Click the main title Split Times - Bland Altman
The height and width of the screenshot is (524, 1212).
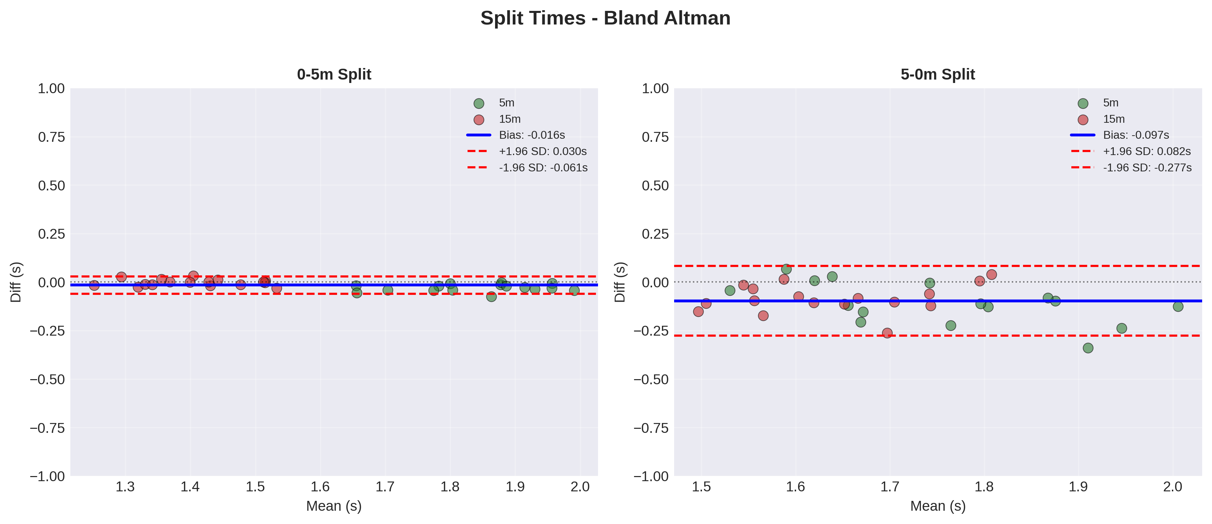(x=605, y=18)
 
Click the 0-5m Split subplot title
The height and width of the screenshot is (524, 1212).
(x=334, y=74)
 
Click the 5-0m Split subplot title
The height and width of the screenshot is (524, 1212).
(x=938, y=74)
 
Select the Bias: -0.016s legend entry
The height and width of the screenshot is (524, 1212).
(x=532, y=135)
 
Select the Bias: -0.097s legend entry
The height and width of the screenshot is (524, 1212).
(x=1136, y=135)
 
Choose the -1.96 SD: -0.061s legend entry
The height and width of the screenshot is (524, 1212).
(x=543, y=168)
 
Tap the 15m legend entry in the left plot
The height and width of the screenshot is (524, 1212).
(x=510, y=119)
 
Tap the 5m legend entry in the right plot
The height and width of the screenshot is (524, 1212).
(x=1110, y=103)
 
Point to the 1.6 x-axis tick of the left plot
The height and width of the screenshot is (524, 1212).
(x=320, y=487)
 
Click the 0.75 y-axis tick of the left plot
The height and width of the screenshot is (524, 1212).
(x=51, y=137)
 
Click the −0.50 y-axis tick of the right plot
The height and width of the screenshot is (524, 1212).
(x=651, y=379)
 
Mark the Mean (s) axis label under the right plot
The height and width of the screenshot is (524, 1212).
(x=938, y=506)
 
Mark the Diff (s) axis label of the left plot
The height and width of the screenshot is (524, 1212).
(x=16, y=282)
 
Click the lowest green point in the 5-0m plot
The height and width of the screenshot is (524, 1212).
(x=1088, y=348)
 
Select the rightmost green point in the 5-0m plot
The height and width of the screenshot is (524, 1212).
(x=1178, y=306)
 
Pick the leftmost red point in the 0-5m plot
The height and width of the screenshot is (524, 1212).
(x=94, y=285)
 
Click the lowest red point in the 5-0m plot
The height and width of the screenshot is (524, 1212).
(x=888, y=333)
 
